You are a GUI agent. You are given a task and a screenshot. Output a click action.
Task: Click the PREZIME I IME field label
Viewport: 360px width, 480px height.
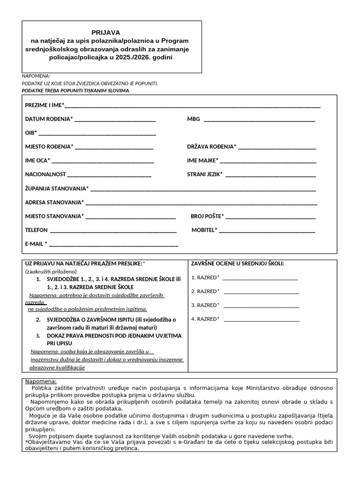(45, 105)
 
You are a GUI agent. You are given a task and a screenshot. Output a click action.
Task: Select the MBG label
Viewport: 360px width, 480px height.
(193, 119)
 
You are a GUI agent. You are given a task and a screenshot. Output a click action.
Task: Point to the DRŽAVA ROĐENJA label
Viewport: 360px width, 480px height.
(211, 147)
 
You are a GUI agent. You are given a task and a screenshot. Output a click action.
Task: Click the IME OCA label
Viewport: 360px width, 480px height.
(37, 160)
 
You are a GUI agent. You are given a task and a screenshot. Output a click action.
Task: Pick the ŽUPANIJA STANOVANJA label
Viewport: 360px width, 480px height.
(56, 188)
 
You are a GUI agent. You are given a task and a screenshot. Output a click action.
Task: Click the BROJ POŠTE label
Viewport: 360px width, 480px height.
(207, 216)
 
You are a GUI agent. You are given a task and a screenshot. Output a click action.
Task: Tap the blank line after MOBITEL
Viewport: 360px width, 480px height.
(267, 231)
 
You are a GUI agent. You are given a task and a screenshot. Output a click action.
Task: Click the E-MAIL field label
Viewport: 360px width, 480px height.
(36, 244)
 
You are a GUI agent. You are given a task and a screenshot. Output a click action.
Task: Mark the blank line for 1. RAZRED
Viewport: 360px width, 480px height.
(260, 278)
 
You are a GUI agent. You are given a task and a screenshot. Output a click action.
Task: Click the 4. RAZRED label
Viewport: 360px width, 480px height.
(205, 319)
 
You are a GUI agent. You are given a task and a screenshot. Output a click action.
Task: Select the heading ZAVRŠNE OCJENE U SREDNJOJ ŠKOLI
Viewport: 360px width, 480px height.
(238, 264)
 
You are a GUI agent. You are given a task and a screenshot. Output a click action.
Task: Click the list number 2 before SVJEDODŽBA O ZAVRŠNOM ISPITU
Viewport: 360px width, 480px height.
(38, 320)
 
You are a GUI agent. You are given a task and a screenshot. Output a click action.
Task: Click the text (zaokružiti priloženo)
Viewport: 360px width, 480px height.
(51, 271)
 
